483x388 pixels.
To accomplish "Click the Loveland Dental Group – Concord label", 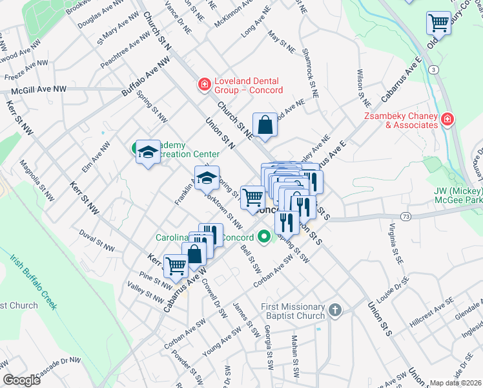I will tap(247, 85).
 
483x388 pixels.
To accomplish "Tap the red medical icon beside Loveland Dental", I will tap(204, 85).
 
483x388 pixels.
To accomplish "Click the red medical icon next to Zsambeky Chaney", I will tap(447, 120).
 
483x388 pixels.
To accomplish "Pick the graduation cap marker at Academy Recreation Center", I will tap(148, 152).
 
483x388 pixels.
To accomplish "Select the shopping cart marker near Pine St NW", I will tap(176, 265).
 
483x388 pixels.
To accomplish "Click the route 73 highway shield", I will tap(405, 216).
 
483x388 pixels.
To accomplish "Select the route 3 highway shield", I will tap(433, 69).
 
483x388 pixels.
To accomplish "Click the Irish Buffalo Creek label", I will tap(34, 281).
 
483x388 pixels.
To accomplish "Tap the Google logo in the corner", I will tap(22, 380).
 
